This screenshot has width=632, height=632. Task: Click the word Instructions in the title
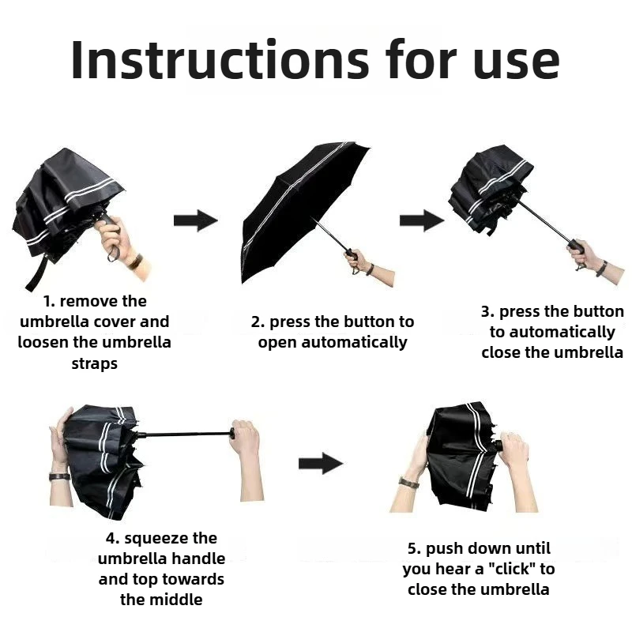click(x=220, y=59)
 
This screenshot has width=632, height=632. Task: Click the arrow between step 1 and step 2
click(x=196, y=220)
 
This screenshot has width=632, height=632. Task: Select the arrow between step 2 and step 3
click(x=422, y=220)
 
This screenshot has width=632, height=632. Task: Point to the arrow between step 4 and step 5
click(x=321, y=464)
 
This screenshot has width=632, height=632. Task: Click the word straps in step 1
click(x=95, y=363)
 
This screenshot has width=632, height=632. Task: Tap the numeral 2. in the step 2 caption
click(x=258, y=322)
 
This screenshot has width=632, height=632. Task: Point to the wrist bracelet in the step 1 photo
click(x=135, y=262)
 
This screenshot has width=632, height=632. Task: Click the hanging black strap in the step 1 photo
click(x=37, y=271)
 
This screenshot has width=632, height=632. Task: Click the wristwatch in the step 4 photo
click(x=60, y=477)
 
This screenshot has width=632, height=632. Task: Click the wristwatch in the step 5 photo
click(x=408, y=482)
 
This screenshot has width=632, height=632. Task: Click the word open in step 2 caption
click(x=278, y=343)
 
